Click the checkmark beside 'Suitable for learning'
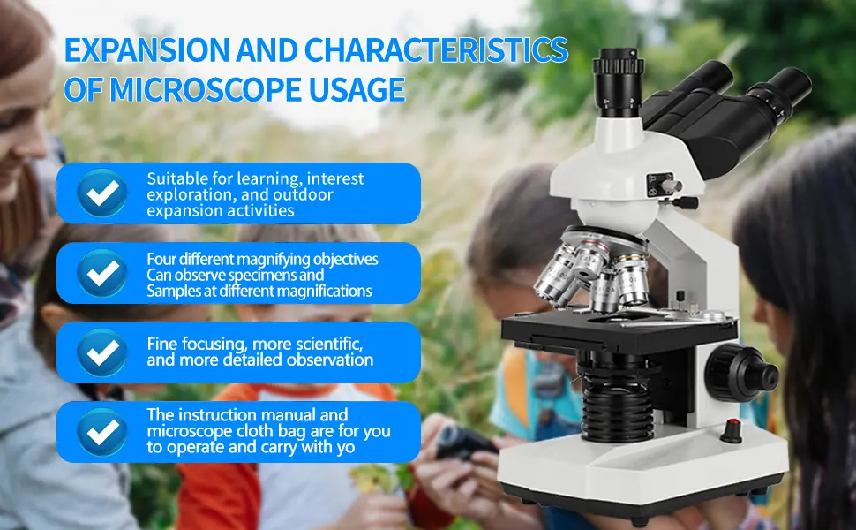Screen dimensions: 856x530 102,193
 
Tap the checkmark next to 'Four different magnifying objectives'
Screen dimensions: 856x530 102,273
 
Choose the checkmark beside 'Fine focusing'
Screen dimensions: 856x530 102,352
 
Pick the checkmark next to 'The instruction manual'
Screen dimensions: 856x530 102,432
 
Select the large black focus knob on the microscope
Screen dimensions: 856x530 741,373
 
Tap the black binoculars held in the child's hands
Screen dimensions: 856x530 464,442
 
